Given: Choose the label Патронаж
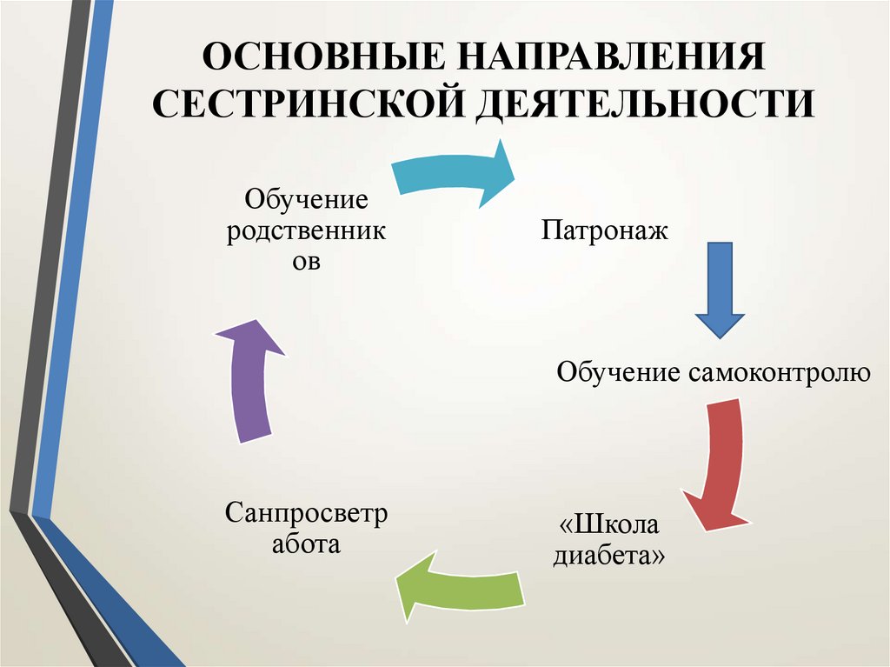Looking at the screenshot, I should click(x=605, y=230).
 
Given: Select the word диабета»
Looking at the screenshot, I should click(x=609, y=556).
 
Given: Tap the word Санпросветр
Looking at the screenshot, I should click(x=307, y=513).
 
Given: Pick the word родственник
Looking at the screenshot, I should click(x=307, y=231).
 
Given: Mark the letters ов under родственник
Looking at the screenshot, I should click(x=306, y=262).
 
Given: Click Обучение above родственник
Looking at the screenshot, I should click(x=307, y=201).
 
